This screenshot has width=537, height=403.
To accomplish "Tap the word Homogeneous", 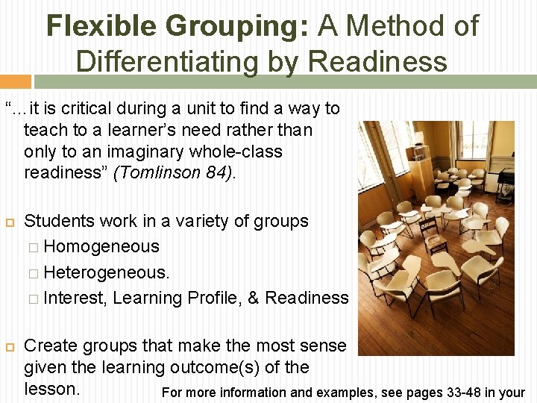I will coord(101,246).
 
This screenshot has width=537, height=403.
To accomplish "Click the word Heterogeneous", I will coord(107,272).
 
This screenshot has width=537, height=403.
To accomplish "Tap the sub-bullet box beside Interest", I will coord(34,299).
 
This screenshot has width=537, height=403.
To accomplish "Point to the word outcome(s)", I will coord(230,368).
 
